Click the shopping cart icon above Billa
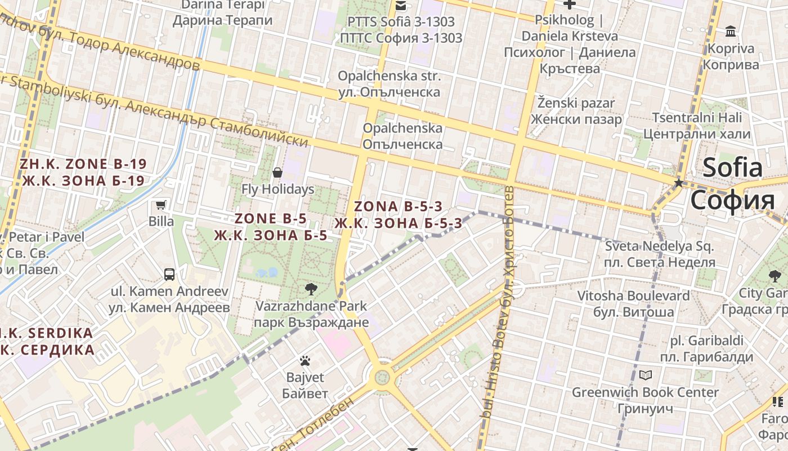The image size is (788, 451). [x=161, y=205]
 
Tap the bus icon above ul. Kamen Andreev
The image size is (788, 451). [x=169, y=275]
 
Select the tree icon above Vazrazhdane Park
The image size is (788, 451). [x=310, y=290]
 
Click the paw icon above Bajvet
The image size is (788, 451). [x=305, y=361]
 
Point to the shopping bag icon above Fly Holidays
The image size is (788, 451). [x=277, y=172]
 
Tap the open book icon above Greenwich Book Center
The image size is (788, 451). [x=646, y=375]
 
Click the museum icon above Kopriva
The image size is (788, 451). [x=731, y=31]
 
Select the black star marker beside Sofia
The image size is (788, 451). [x=679, y=183]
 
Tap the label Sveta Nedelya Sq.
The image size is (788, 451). [x=659, y=246]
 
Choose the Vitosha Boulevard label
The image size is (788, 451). [x=633, y=295]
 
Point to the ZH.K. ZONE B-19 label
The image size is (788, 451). [x=83, y=164]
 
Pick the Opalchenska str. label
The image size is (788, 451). [x=389, y=76]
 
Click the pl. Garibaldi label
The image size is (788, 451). [x=706, y=341]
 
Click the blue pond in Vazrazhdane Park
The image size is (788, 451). [x=267, y=273]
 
